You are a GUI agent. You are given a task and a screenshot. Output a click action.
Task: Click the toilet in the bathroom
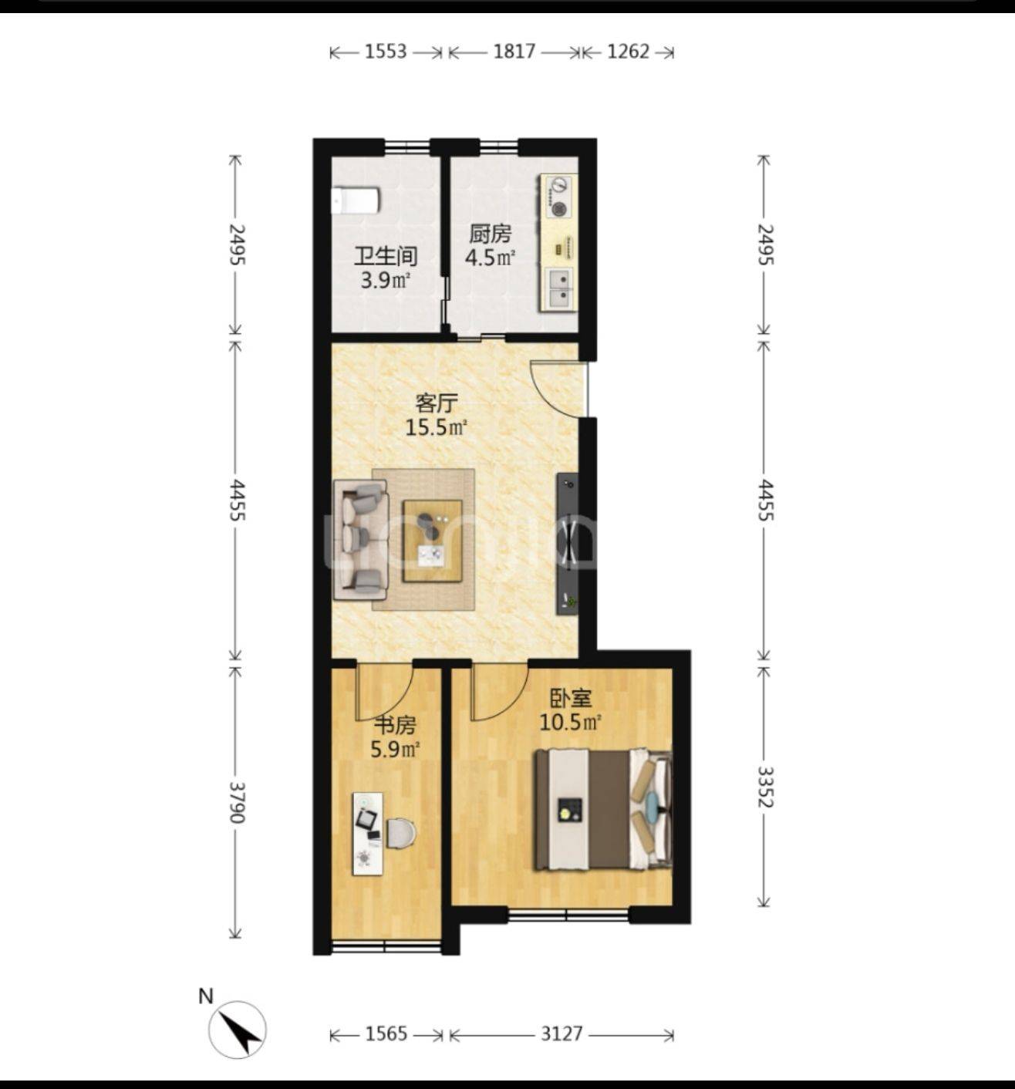(356, 201)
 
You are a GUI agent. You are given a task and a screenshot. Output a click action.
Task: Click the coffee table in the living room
(432, 541)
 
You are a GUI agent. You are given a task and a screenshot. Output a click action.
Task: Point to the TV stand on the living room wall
(568, 544)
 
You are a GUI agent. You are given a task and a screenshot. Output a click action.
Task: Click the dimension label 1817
(514, 52)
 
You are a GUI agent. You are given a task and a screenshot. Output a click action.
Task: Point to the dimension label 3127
(561, 1033)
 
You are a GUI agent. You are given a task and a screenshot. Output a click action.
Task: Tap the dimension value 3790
(236, 802)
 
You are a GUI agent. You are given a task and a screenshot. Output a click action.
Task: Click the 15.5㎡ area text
(436, 427)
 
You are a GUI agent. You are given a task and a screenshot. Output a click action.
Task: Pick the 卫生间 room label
(386, 256)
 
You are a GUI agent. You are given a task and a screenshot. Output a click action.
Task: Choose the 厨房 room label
(490, 234)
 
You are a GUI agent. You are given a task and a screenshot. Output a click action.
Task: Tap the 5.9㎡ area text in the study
(396, 749)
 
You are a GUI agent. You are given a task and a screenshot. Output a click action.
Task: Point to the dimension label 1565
(386, 1033)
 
